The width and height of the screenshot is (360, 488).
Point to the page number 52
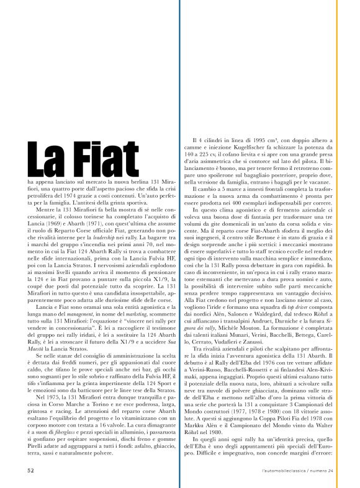(x=30, y=470)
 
